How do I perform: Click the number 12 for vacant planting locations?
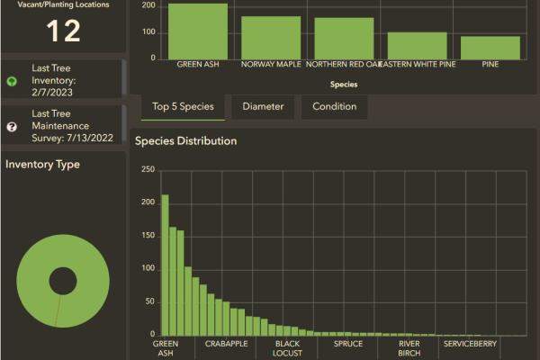point(63,31)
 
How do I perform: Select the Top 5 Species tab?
point(183,106)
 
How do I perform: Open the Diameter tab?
point(263,106)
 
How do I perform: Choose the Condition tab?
point(334,106)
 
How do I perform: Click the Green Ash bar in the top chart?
point(198,31)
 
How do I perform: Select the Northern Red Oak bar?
point(344,39)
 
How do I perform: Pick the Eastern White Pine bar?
point(417,46)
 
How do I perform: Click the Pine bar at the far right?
point(490,48)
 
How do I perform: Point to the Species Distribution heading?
point(186,141)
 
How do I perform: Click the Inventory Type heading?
point(42,165)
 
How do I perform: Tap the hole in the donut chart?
point(62,282)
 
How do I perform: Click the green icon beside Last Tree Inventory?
point(12,81)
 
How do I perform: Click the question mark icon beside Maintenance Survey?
point(12,127)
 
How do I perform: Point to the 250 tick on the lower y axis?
point(148,169)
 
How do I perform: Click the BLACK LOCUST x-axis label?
point(287,347)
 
